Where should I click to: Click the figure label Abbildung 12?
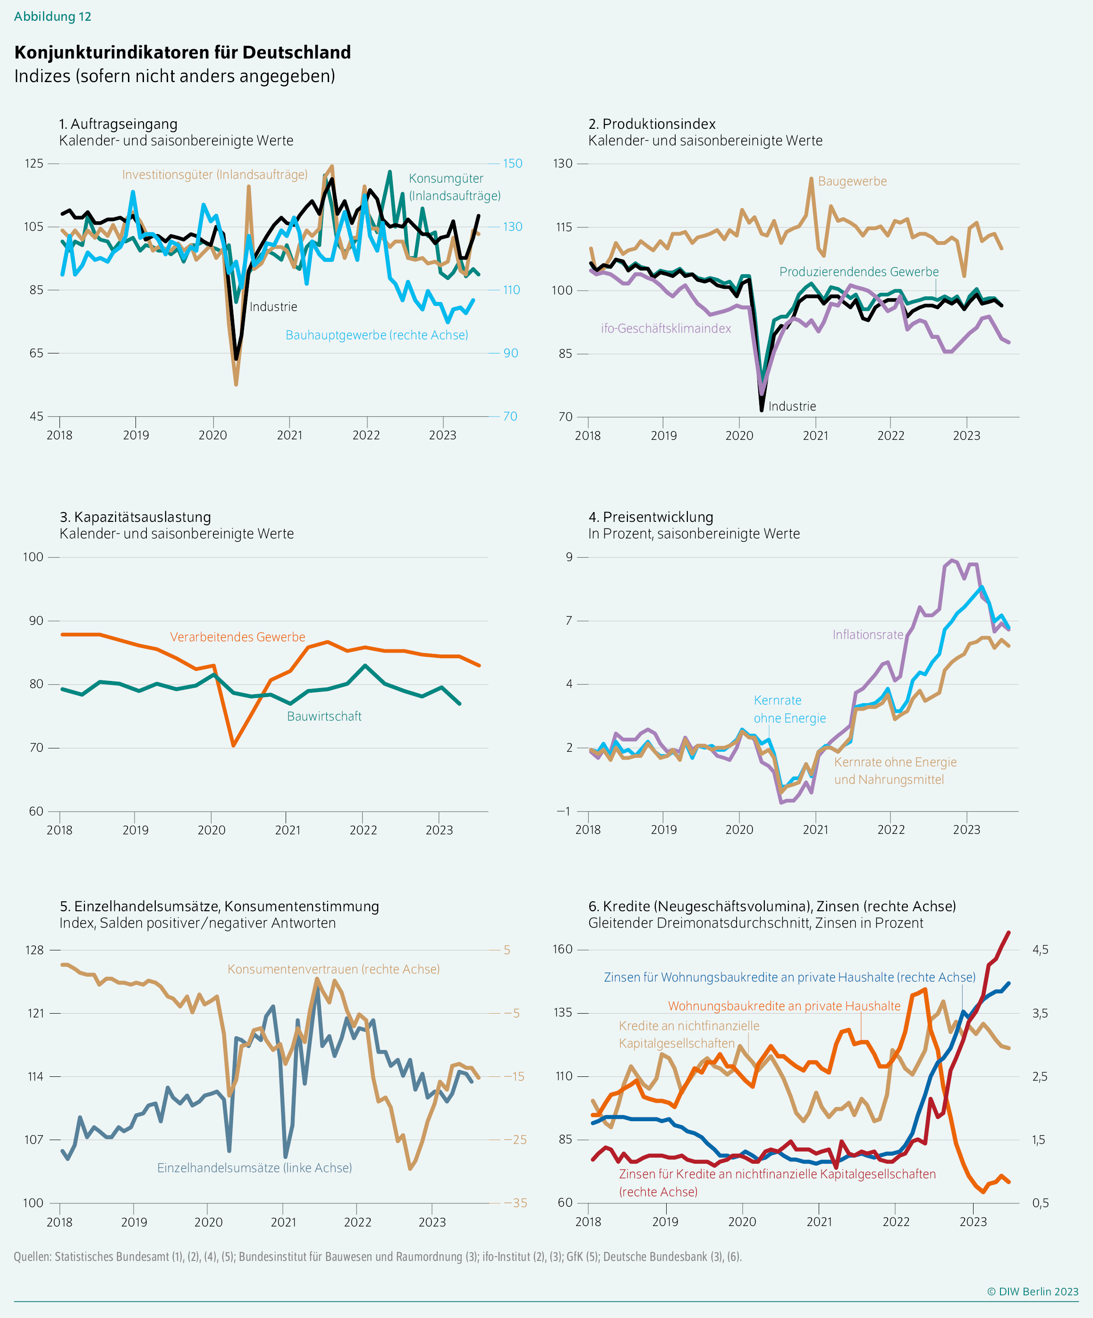[53, 17]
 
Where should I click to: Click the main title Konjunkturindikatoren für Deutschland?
[182, 52]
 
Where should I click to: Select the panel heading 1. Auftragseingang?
[118, 124]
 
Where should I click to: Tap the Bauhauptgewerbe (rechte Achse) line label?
[377, 335]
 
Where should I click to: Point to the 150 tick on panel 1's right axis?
[512, 163]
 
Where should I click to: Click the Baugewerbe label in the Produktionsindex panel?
[852, 181]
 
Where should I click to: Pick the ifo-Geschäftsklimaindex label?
[665, 328]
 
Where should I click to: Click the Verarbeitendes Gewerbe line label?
[237, 637]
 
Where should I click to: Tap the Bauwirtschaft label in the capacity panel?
[324, 716]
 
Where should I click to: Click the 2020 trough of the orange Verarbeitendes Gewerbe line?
[233, 745]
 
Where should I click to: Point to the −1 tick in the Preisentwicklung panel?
[563, 811]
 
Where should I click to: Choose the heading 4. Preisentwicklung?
[651, 517]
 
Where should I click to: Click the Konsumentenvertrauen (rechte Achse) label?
[333, 969]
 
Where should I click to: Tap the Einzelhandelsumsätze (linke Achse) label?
[254, 1167]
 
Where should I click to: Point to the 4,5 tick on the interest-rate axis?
[1040, 949]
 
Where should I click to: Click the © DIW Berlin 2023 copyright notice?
[1032, 1291]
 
